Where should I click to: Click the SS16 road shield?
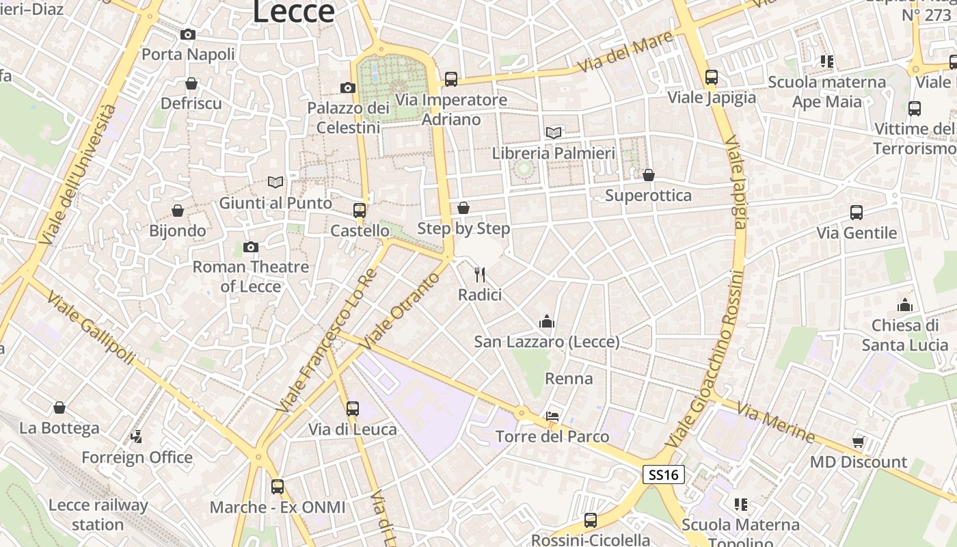pos(664,475)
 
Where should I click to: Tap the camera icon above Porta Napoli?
pos(188,34)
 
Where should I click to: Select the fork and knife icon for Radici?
pos(480,275)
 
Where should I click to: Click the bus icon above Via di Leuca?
pos(353,409)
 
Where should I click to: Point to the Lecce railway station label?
pos(98,515)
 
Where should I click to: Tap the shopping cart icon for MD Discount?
pos(858,442)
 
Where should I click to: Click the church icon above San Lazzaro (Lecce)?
pos(547,321)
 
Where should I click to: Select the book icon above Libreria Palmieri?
pos(554,133)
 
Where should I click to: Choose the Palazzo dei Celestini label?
pos(348,118)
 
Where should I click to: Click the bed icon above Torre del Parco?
pos(552,416)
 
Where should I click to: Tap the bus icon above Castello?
pos(360,211)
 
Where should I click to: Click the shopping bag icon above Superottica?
pos(649,175)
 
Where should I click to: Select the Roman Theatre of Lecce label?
pos(250,276)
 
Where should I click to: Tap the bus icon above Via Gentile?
pos(857,213)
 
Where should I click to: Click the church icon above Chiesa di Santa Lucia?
pos(905,305)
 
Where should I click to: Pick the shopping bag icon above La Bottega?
pos(59,408)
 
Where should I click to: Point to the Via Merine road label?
pos(777,424)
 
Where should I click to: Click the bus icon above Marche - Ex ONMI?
pos(278,487)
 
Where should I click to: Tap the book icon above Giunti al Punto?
pos(275,182)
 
